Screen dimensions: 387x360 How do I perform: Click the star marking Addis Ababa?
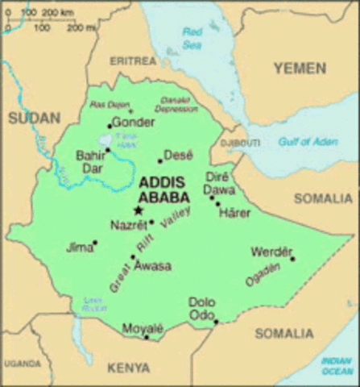coord(138,210)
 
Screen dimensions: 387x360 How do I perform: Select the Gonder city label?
coord(133,123)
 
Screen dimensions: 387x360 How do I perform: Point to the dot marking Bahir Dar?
coord(107,150)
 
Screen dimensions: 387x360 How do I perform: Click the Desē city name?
coord(178,154)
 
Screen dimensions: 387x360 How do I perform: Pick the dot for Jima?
coord(95,242)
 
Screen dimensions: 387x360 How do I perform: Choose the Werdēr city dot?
coord(292,259)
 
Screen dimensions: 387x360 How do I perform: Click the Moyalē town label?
coord(143,327)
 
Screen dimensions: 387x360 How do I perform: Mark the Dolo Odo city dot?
coord(216,322)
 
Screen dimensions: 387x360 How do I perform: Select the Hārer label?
coord(236,214)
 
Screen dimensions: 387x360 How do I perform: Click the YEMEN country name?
coord(299,69)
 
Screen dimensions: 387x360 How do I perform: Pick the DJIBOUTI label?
coord(242,143)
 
